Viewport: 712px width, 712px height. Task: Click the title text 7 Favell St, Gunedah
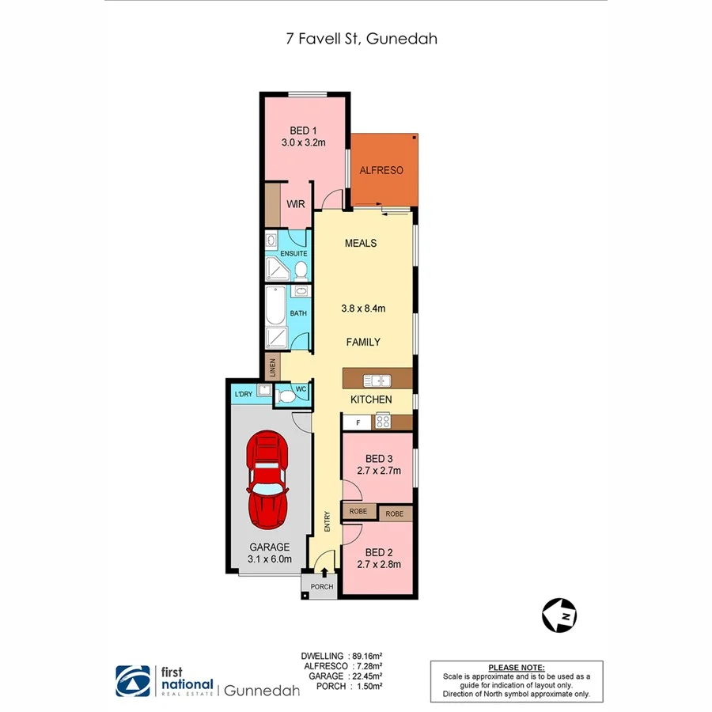(x=356, y=38)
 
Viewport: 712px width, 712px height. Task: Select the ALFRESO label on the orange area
(x=381, y=170)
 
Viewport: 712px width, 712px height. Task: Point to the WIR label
(x=296, y=204)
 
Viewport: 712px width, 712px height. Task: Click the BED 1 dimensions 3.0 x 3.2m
(x=304, y=143)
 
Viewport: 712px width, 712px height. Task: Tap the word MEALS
(x=361, y=243)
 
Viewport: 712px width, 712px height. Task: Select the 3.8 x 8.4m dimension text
(x=364, y=309)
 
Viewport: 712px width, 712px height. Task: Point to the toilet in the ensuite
(x=301, y=271)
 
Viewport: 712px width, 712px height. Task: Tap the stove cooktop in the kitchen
(x=382, y=422)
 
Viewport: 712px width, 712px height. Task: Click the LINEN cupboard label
(x=273, y=366)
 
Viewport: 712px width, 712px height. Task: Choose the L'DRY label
(x=242, y=394)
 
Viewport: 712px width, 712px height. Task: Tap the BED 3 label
(x=379, y=459)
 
